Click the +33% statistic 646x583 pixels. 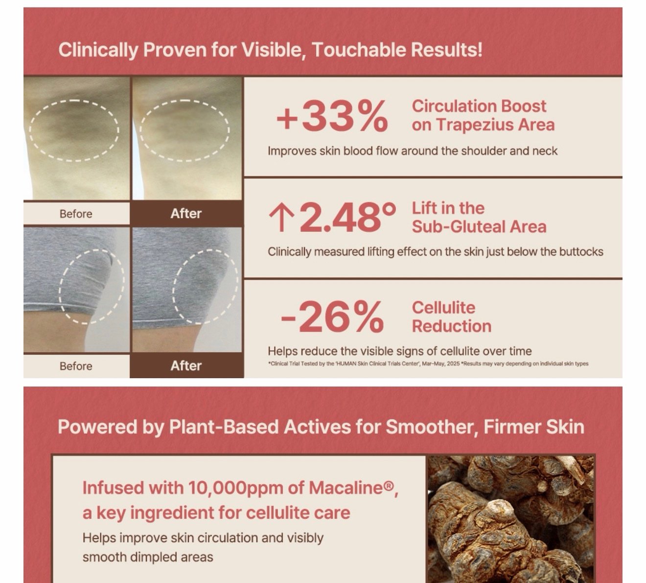tap(332, 116)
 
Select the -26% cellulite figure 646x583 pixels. tap(332, 316)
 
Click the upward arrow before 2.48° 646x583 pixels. tap(281, 219)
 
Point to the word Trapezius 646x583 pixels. tap(472, 125)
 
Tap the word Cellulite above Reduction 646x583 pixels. tap(443, 307)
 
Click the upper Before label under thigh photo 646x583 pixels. tap(76, 214)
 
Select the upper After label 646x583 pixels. tap(186, 214)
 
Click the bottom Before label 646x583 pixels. tap(76, 366)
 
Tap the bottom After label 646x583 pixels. tap(186, 365)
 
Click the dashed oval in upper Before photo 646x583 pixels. tap(74, 100)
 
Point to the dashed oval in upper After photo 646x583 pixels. tap(185, 100)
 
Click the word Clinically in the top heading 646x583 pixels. tap(98, 50)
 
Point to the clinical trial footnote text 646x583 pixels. tap(428, 364)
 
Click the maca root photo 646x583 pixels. tap(511, 519)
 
